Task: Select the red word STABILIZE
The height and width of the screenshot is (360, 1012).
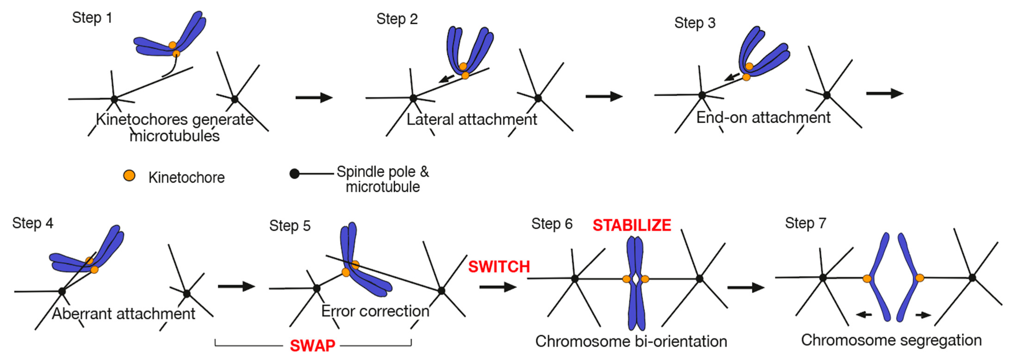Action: coord(632,225)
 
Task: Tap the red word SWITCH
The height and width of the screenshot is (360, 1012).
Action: coord(499,267)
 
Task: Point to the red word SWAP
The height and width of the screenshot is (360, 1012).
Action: coord(312,345)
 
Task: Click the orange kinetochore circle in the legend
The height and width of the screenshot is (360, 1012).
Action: coord(129,176)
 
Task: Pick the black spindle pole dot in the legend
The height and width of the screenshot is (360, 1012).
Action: coord(294,173)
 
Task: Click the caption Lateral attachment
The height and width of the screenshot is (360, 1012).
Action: coord(471,119)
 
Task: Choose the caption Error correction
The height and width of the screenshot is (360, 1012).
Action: coord(375,311)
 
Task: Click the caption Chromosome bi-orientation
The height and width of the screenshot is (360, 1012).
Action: coord(631,341)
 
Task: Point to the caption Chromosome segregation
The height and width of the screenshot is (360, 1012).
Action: coord(891,340)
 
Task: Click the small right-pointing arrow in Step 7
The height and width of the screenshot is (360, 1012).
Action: coord(923,315)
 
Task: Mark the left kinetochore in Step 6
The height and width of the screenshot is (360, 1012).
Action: coord(627,279)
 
